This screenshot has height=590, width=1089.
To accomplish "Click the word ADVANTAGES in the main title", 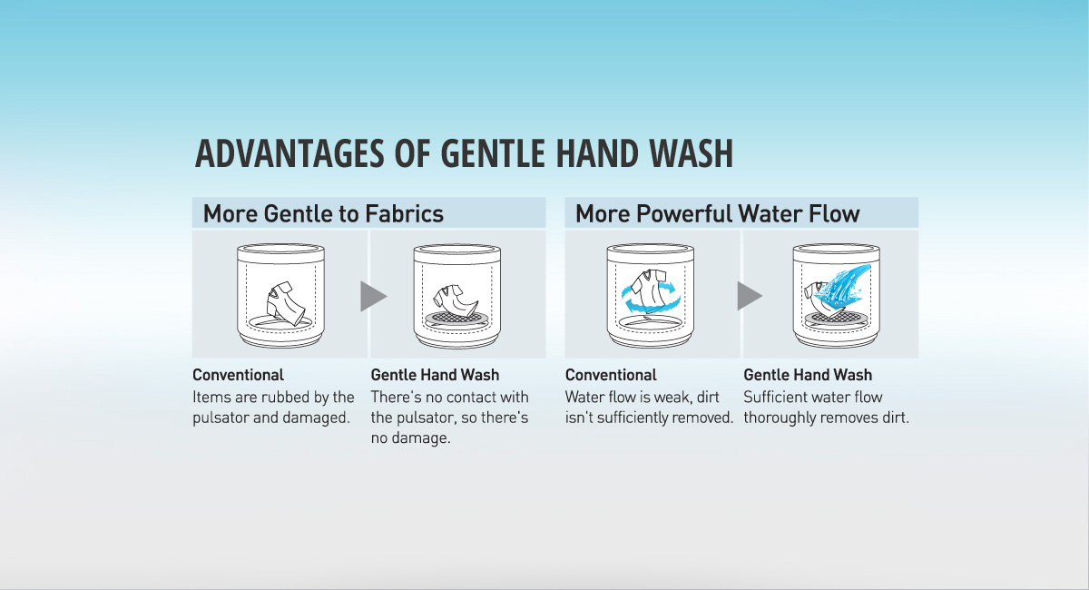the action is (x=289, y=153).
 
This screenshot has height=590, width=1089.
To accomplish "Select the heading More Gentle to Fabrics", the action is (x=323, y=213).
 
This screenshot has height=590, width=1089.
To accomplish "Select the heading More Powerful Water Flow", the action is (x=718, y=213).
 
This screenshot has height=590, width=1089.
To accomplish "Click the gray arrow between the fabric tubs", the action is (x=372, y=296).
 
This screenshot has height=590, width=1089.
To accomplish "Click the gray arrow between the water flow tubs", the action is (x=749, y=296).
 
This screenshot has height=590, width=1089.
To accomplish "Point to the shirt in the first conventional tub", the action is (x=286, y=302).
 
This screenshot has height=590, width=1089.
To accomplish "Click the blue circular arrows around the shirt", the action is (x=649, y=297).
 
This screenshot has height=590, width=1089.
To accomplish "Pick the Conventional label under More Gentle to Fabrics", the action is (x=238, y=375).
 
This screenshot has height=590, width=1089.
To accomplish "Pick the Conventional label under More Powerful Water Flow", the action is (x=611, y=375).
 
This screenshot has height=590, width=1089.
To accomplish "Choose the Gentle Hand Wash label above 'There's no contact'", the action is (x=435, y=375).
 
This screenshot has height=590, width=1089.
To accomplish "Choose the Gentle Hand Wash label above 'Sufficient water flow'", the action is (x=808, y=375).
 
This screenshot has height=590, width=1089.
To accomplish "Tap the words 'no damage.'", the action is (x=411, y=438).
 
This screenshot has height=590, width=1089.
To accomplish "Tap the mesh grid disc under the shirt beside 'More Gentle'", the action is (x=456, y=318).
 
